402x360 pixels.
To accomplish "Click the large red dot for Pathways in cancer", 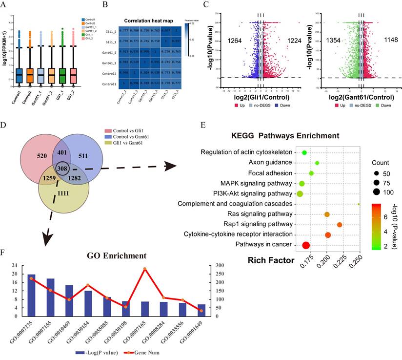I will click(306, 245).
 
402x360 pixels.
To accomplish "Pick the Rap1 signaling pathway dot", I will click(340, 225).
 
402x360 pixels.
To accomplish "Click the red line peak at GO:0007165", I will click(144, 269).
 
